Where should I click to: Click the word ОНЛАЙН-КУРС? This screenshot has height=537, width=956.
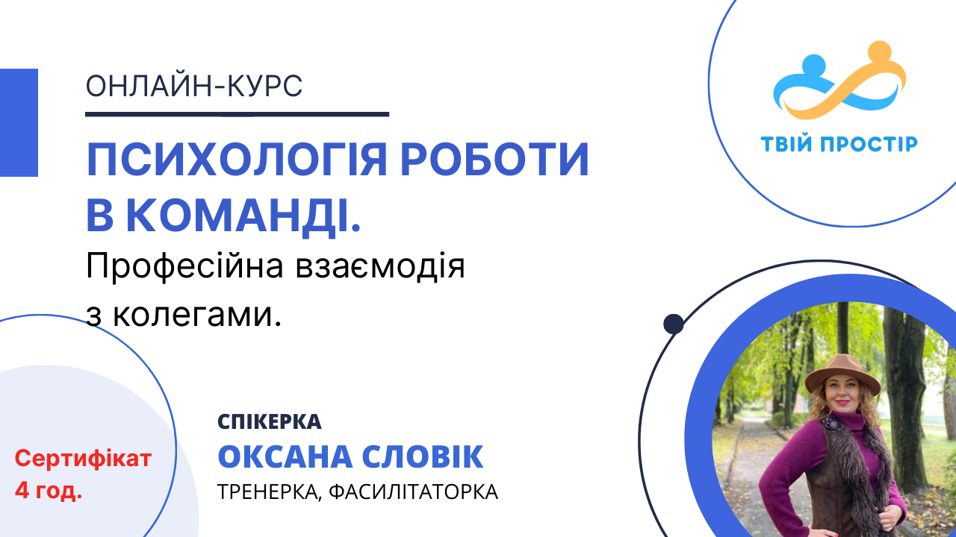(x=194, y=87)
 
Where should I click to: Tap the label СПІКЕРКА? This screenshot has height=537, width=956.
(x=270, y=422)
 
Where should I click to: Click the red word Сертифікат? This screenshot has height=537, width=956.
(x=83, y=458)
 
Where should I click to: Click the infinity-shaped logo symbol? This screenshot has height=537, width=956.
(x=839, y=84)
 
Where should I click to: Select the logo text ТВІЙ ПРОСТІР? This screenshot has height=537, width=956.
(x=839, y=143)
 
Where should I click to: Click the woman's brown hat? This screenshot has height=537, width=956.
(x=842, y=374)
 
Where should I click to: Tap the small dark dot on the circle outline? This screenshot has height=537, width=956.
(x=674, y=324)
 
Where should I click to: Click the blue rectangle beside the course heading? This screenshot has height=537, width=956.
(x=19, y=122)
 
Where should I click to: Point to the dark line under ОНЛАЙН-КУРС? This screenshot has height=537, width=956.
(x=238, y=114)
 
